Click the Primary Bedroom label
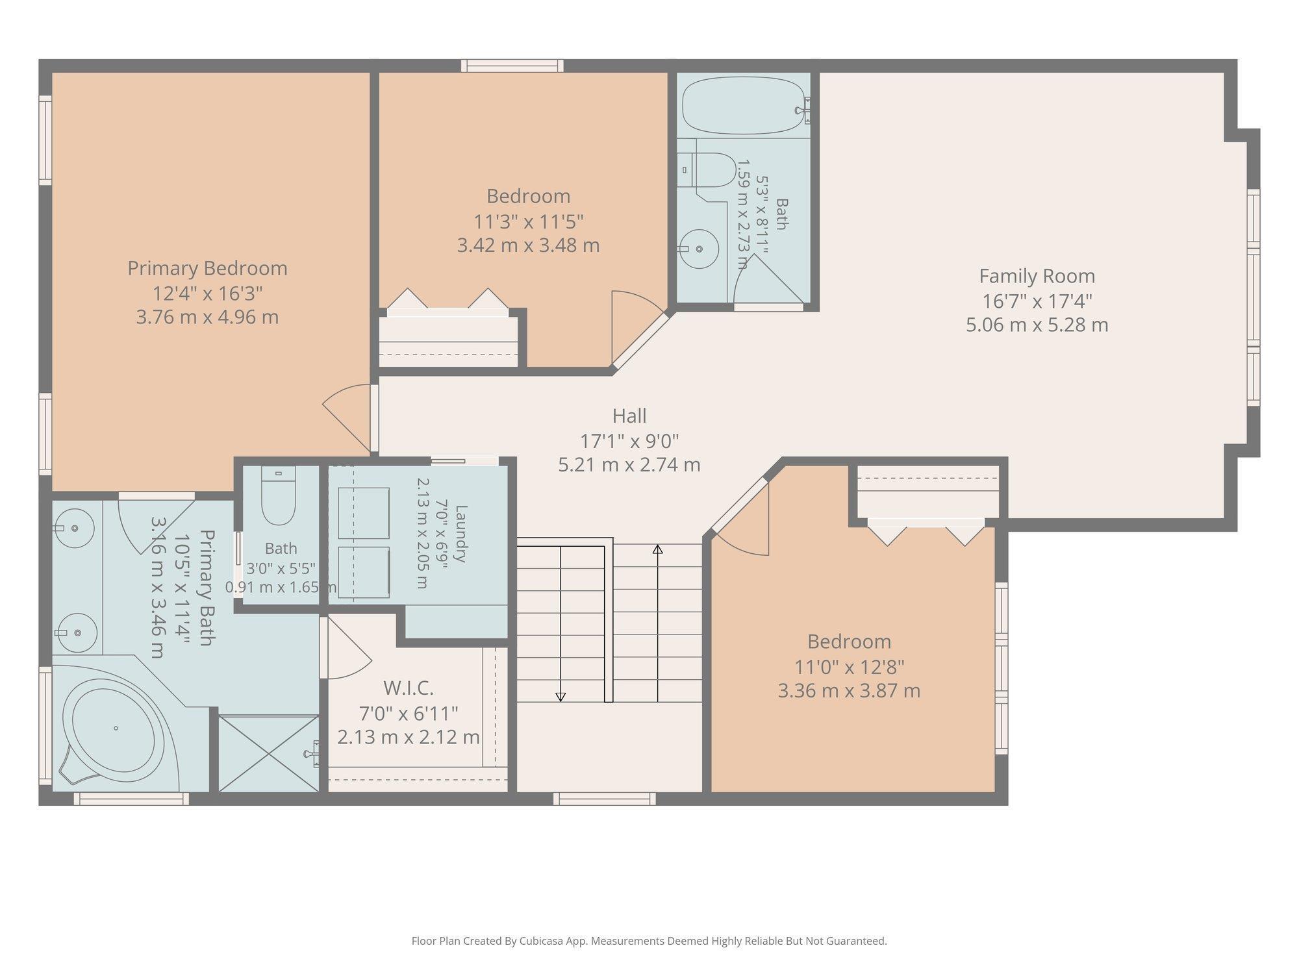click(x=207, y=268)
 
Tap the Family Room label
click(x=1037, y=276)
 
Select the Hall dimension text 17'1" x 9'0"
click(x=629, y=441)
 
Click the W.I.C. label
click(x=408, y=687)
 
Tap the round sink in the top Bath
click(x=699, y=249)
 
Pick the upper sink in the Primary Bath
click(x=74, y=528)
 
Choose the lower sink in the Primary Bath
click(x=76, y=632)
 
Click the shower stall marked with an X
click(x=268, y=753)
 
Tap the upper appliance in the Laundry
click(x=363, y=513)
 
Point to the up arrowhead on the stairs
click(x=657, y=549)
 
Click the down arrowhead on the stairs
click(x=561, y=697)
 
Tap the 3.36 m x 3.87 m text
click(x=849, y=690)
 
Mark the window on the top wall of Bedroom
click(x=512, y=66)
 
